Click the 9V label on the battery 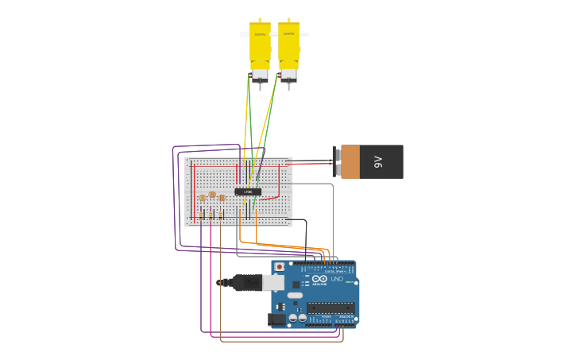point(379,162)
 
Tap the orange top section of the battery point(350,161)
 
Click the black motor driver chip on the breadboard point(248,192)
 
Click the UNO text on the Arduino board point(337,279)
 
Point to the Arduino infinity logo point(319,279)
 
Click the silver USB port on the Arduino point(273,282)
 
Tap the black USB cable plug point(246,282)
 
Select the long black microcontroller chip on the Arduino point(329,308)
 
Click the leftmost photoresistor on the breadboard point(203,198)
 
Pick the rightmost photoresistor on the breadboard point(222,198)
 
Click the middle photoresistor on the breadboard point(212,195)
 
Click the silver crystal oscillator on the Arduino point(295,296)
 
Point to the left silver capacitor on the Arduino point(292,318)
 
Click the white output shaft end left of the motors point(245,34)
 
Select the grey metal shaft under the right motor point(288,85)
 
